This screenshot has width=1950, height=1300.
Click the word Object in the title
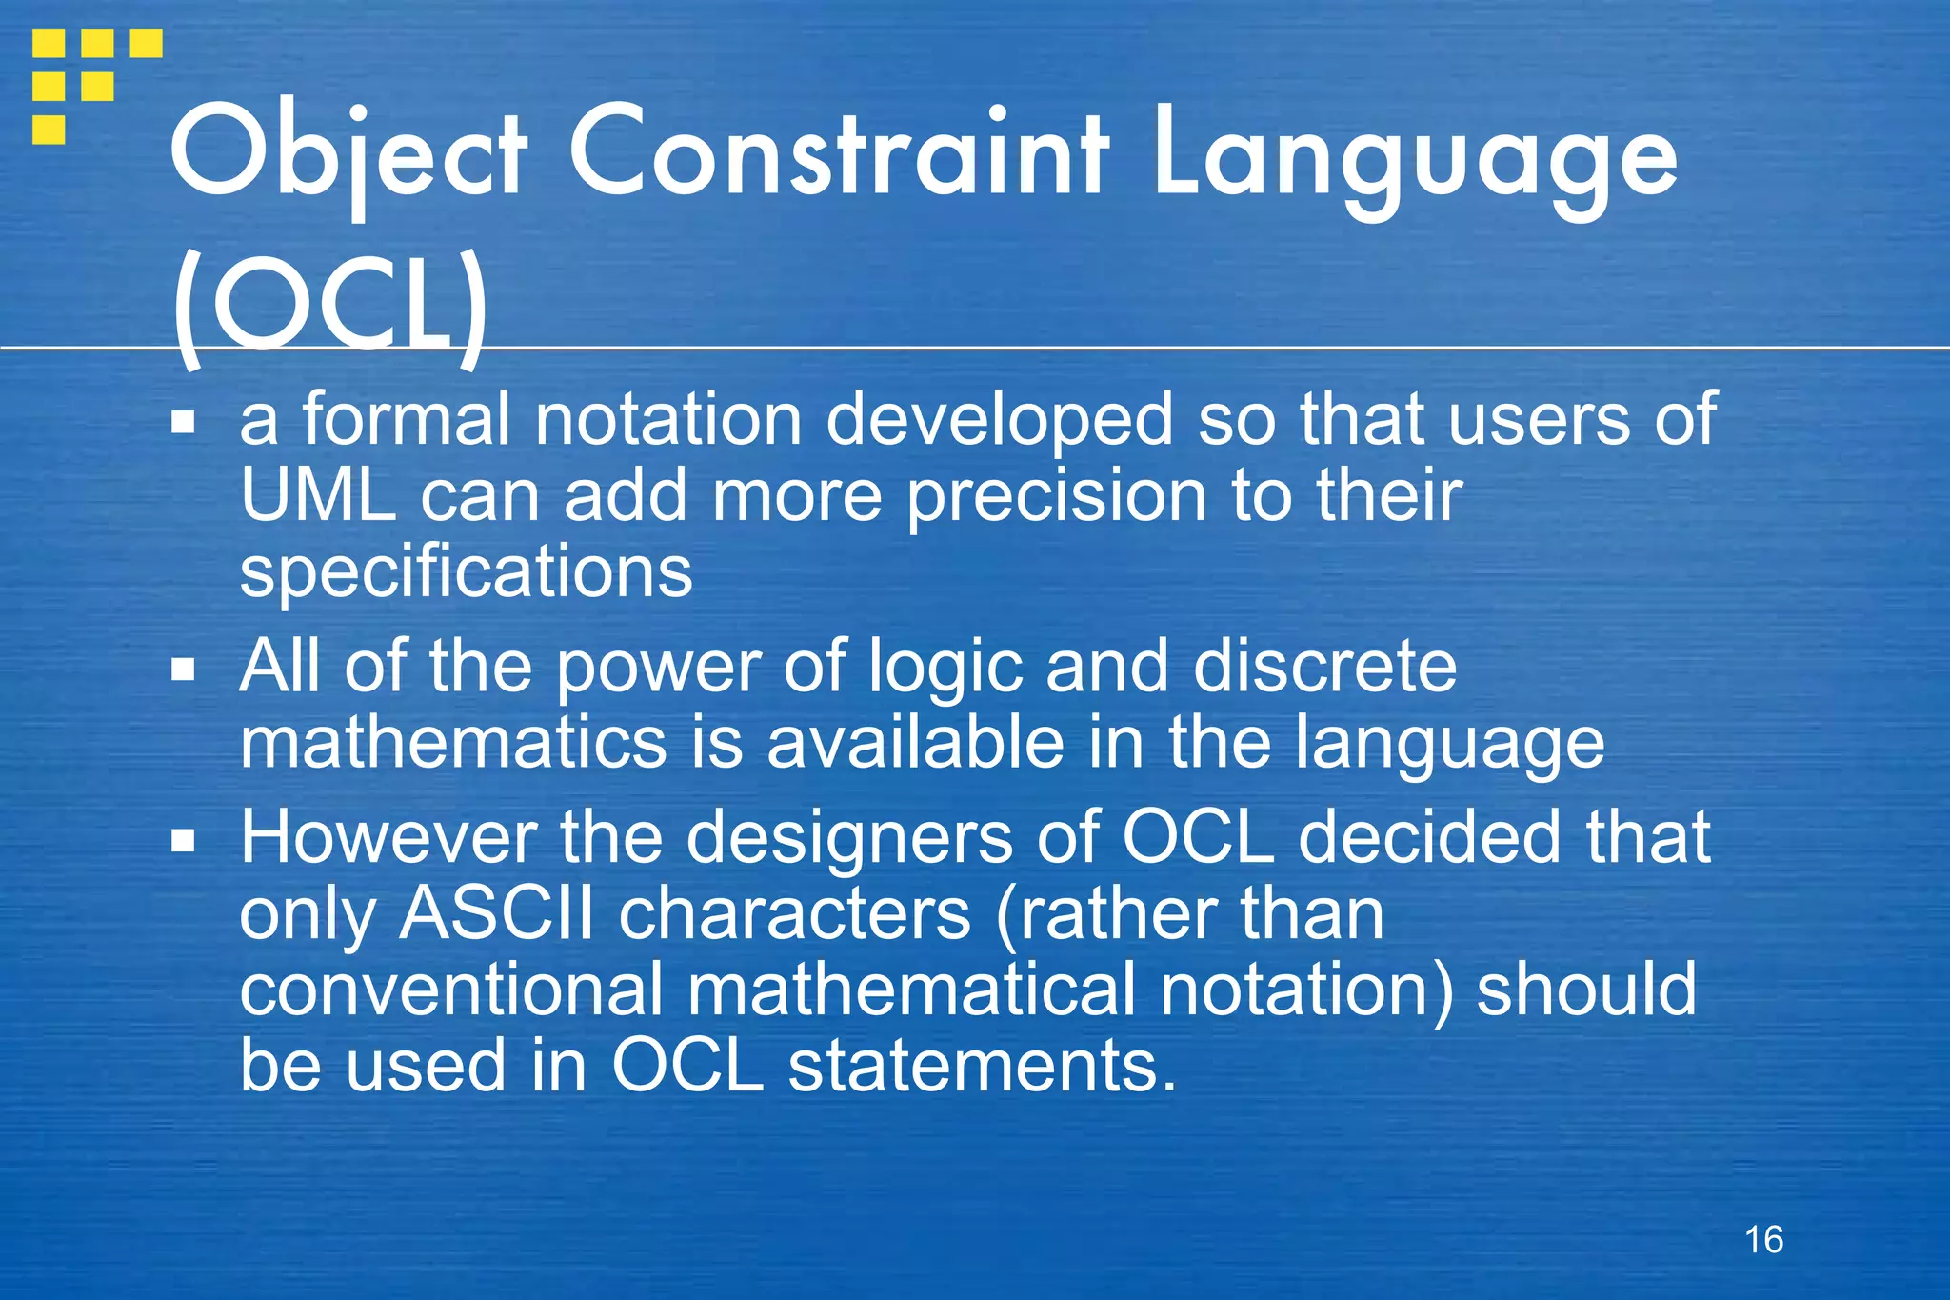[x=348, y=157]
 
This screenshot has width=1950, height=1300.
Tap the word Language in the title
[x=1414, y=157]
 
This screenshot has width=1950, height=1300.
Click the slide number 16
[x=1763, y=1240]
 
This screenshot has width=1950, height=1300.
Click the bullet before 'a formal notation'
[x=183, y=422]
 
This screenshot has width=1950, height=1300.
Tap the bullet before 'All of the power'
[x=183, y=670]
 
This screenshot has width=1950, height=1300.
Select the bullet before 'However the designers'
[x=183, y=841]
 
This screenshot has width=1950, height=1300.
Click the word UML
[x=318, y=495]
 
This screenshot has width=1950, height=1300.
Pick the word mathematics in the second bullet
[x=452, y=743]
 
